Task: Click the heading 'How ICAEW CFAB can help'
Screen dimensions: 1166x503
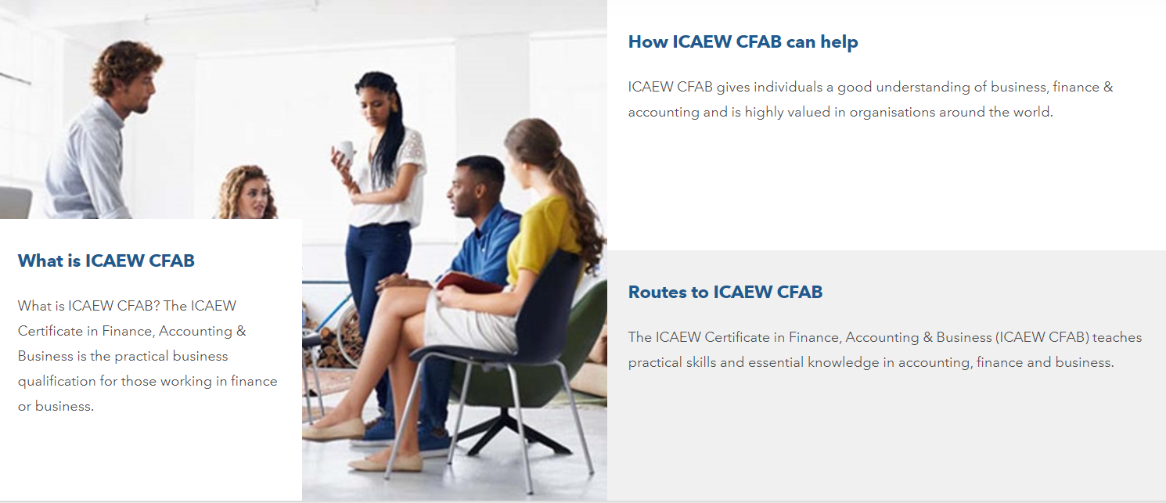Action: coord(743,41)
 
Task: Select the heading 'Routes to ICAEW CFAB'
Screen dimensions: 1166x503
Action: coord(725,292)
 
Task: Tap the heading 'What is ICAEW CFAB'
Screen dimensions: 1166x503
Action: coord(106,260)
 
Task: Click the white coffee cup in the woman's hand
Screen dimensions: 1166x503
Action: coord(346,151)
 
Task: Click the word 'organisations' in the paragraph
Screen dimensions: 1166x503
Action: coord(892,113)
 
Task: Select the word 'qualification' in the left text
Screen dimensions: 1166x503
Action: coord(57,381)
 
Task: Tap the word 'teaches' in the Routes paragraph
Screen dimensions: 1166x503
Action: coord(1117,337)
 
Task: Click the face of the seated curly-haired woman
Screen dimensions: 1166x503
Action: coord(254,197)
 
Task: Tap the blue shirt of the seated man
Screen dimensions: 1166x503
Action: coord(487,245)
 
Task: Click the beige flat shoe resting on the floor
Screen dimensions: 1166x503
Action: coord(386,463)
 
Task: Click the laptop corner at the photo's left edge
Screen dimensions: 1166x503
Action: coord(15,203)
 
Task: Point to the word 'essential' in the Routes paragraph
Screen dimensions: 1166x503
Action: coord(776,362)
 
